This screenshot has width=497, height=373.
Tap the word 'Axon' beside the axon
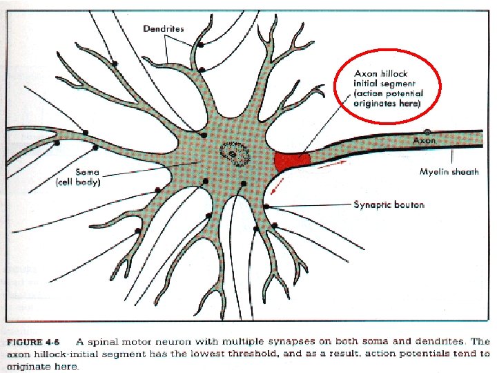click(425, 140)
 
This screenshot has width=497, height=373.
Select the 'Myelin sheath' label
click(449, 172)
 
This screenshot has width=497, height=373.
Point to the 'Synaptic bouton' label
click(389, 204)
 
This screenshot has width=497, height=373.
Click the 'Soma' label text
click(88, 171)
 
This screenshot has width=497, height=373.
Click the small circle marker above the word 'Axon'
click(427, 131)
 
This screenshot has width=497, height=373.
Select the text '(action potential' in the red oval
click(388, 93)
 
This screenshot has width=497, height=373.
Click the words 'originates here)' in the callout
click(387, 104)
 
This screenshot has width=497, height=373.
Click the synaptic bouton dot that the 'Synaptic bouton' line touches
click(266, 206)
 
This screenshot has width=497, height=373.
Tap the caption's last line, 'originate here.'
click(43, 365)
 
